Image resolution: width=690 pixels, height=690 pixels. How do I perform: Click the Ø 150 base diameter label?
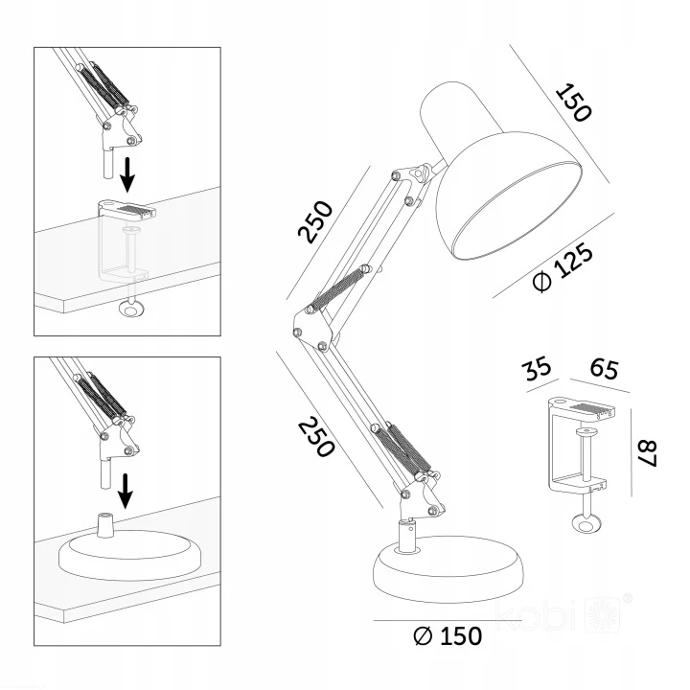point(448,636)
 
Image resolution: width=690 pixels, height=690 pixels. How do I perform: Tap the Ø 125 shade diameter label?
point(563,268)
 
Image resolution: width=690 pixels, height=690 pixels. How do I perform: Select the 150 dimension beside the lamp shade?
point(573,103)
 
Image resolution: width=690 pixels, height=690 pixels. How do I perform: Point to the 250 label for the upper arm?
point(315,221)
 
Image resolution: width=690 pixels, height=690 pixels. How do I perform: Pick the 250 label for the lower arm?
point(316,437)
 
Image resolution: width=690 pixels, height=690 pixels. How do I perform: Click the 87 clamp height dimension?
point(647,453)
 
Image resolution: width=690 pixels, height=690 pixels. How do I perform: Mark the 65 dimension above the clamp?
point(604,369)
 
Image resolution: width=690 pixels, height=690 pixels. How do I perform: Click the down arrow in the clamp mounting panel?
point(127,174)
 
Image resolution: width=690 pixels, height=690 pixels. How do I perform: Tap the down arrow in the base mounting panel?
point(126,491)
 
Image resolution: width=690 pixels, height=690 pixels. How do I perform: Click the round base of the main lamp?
point(448,569)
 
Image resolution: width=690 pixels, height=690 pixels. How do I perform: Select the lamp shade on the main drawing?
point(499,171)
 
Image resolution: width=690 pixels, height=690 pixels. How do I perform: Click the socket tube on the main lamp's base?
point(408,536)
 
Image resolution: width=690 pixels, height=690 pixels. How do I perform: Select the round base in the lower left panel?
point(129,556)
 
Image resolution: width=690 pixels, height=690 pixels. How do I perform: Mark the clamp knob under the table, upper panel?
point(131,309)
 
